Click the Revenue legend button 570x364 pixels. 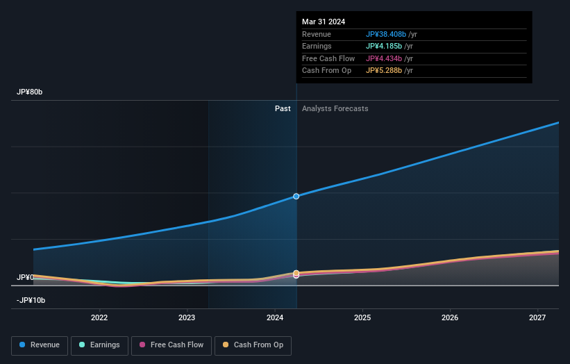click(40, 345)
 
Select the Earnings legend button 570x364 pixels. click(100, 345)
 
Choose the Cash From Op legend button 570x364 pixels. click(253, 345)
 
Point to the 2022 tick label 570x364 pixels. click(99, 317)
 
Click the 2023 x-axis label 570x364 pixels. click(187, 317)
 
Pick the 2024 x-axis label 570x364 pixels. click(274, 317)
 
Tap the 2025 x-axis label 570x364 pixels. click(362, 317)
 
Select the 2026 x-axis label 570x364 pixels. click(450, 317)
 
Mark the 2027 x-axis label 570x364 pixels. click(537, 317)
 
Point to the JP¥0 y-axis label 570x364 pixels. click(25, 277)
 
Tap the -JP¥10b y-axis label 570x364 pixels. click(31, 300)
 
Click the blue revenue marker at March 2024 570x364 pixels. click(296, 196)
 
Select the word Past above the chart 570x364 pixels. click(283, 108)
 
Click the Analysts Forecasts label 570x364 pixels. click(335, 108)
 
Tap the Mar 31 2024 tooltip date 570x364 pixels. click(324, 22)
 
